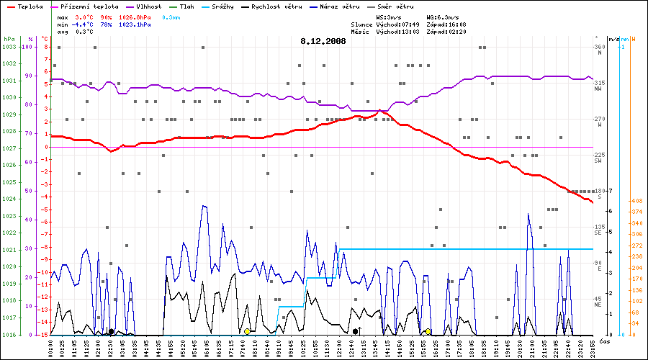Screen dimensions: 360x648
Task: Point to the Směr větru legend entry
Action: (x=393, y=6)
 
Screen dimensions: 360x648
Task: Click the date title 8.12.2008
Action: (x=323, y=41)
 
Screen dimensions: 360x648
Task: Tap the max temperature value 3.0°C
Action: (x=84, y=16)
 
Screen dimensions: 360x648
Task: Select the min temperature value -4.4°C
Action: (x=84, y=24)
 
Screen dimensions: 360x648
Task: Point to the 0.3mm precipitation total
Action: (x=171, y=16)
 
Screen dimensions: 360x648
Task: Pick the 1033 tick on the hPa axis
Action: (x=9, y=47)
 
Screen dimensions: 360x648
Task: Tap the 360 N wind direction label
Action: (x=598, y=50)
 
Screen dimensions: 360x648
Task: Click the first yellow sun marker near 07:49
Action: (x=247, y=331)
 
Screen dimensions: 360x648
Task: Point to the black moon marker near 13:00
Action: (x=355, y=331)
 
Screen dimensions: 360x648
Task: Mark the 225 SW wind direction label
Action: (x=598, y=158)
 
